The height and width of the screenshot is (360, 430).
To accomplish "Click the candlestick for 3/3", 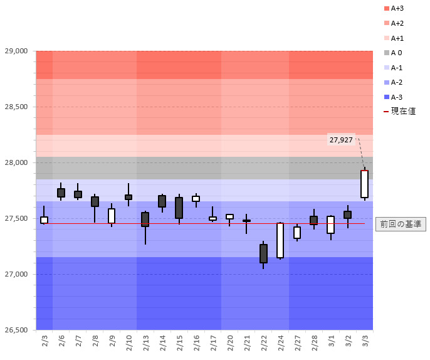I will click(364, 184).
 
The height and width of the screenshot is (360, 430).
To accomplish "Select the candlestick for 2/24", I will click(280, 240).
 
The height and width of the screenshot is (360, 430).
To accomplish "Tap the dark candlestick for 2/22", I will click(263, 253).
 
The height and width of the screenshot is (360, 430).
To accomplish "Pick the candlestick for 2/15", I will click(179, 208).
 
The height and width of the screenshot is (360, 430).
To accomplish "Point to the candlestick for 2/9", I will click(112, 216).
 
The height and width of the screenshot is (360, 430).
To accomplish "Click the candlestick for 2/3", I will click(44, 220).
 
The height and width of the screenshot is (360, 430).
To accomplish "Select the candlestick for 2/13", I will click(145, 219).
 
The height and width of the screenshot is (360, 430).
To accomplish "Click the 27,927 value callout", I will click(341, 139).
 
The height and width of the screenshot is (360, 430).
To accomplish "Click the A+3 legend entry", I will click(397, 9).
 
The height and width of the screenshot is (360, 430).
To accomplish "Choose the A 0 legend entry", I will click(397, 53).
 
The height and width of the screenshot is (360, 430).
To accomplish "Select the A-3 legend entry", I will click(397, 97).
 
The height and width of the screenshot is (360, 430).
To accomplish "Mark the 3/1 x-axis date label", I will click(331, 342).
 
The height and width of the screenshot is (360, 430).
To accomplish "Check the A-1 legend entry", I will click(397, 68).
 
